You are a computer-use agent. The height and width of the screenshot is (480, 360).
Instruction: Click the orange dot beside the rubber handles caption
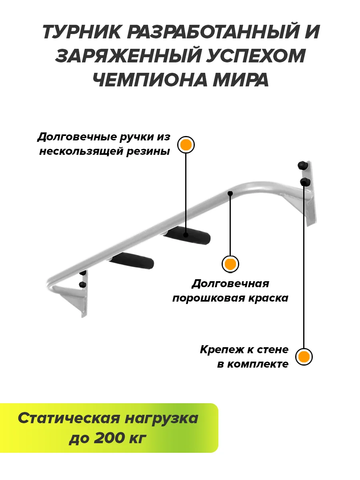(x=186, y=145)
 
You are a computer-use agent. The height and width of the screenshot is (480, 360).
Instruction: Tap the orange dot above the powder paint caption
(x=230, y=264)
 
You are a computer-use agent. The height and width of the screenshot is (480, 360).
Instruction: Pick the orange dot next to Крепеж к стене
(x=304, y=356)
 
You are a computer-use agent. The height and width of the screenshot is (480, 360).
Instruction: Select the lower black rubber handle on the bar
(x=132, y=262)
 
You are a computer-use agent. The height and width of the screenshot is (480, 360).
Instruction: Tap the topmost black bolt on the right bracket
(x=302, y=164)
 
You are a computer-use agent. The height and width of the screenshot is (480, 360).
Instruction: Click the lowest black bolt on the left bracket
(x=83, y=285)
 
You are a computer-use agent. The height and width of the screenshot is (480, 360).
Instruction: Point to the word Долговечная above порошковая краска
(x=230, y=284)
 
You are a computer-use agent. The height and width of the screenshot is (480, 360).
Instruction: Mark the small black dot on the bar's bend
(x=230, y=194)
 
